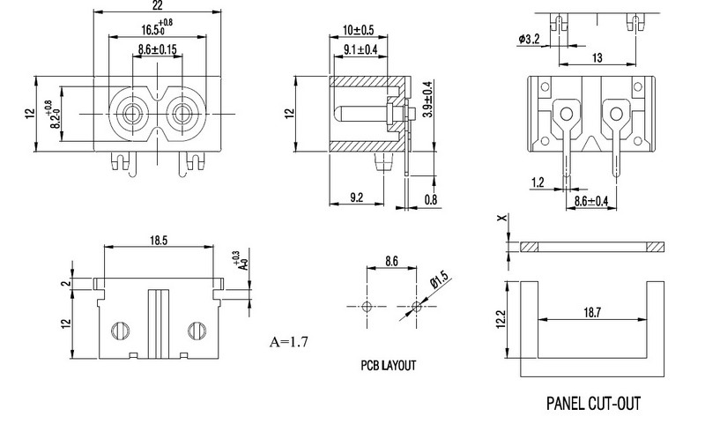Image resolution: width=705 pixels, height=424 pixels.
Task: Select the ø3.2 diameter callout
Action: click(x=531, y=38)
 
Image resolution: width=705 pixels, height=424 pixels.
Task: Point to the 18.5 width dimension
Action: click(x=159, y=239)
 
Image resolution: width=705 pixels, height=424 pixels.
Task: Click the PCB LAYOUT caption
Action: click(x=388, y=365)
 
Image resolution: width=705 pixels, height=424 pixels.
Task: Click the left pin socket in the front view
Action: click(x=134, y=114)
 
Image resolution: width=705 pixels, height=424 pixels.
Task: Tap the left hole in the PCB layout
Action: click(x=367, y=307)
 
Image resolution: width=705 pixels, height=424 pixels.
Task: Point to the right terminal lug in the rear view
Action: click(x=615, y=115)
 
